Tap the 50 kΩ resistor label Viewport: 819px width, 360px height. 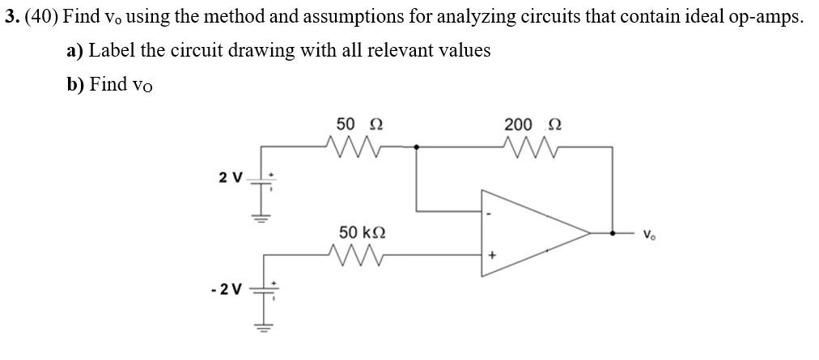(362, 233)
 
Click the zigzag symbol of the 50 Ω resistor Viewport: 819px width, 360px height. (353, 146)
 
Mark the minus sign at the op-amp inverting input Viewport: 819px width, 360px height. (489, 214)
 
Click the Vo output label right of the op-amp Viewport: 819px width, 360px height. (648, 235)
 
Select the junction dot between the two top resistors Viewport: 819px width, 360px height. (416, 147)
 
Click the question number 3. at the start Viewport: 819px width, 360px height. (11, 19)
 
